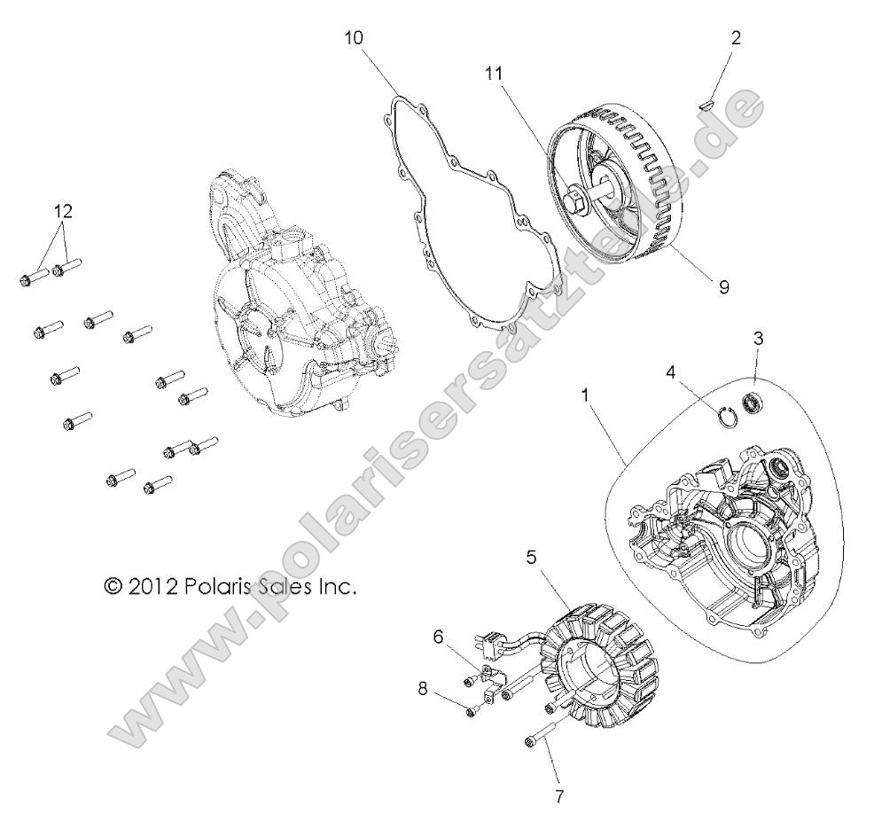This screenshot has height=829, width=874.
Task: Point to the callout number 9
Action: [724, 288]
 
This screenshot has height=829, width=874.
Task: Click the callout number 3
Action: [759, 338]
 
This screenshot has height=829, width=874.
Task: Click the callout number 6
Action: [438, 635]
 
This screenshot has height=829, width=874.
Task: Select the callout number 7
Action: [558, 797]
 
